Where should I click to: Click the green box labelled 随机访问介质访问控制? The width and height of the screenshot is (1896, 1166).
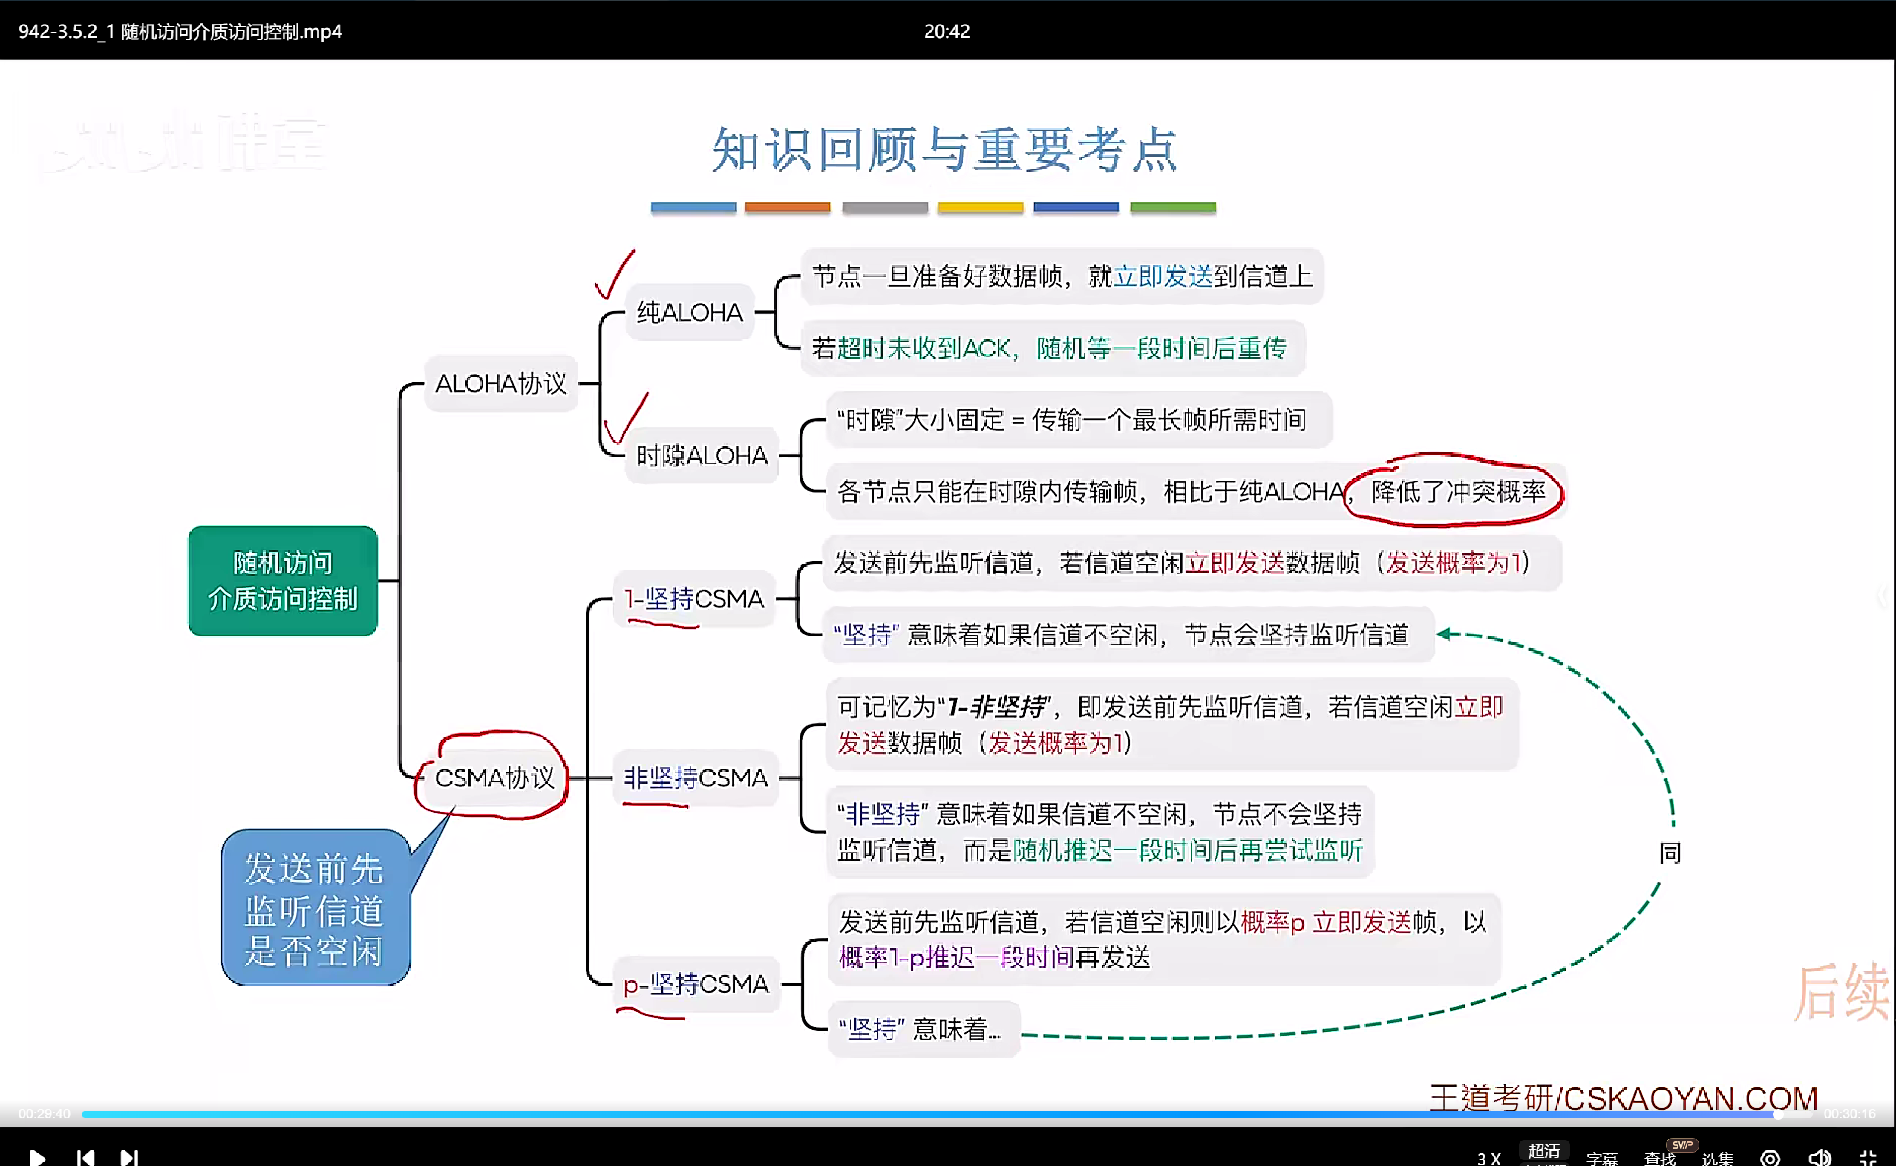point(283,580)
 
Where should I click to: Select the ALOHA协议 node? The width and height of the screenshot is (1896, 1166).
point(501,383)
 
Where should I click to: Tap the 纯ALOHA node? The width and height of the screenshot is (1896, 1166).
point(689,313)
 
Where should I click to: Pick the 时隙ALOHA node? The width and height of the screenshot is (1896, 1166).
point(702,456)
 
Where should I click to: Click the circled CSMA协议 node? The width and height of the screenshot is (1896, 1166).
point(494,778)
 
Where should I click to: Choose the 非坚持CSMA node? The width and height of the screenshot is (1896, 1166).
point(695,778)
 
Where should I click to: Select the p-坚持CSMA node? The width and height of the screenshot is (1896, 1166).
point(696,984)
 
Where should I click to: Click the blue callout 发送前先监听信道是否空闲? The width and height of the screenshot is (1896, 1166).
point(315,908)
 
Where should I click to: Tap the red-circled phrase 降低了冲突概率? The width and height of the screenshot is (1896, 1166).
point(1457,491)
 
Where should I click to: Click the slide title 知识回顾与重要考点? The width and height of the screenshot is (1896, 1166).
point(945,149)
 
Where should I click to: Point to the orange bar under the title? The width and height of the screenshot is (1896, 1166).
point(787,206)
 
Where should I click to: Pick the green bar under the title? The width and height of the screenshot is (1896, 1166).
point(1173,206)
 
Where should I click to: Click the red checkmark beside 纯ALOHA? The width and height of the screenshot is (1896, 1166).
point(614,275)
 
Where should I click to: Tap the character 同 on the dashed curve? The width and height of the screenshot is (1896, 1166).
point(1670,853)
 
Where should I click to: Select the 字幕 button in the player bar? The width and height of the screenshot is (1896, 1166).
point(1601,1158)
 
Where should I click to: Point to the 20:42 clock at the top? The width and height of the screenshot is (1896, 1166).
point(947,31)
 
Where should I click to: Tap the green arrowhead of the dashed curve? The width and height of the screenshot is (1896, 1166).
point(1445,634)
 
